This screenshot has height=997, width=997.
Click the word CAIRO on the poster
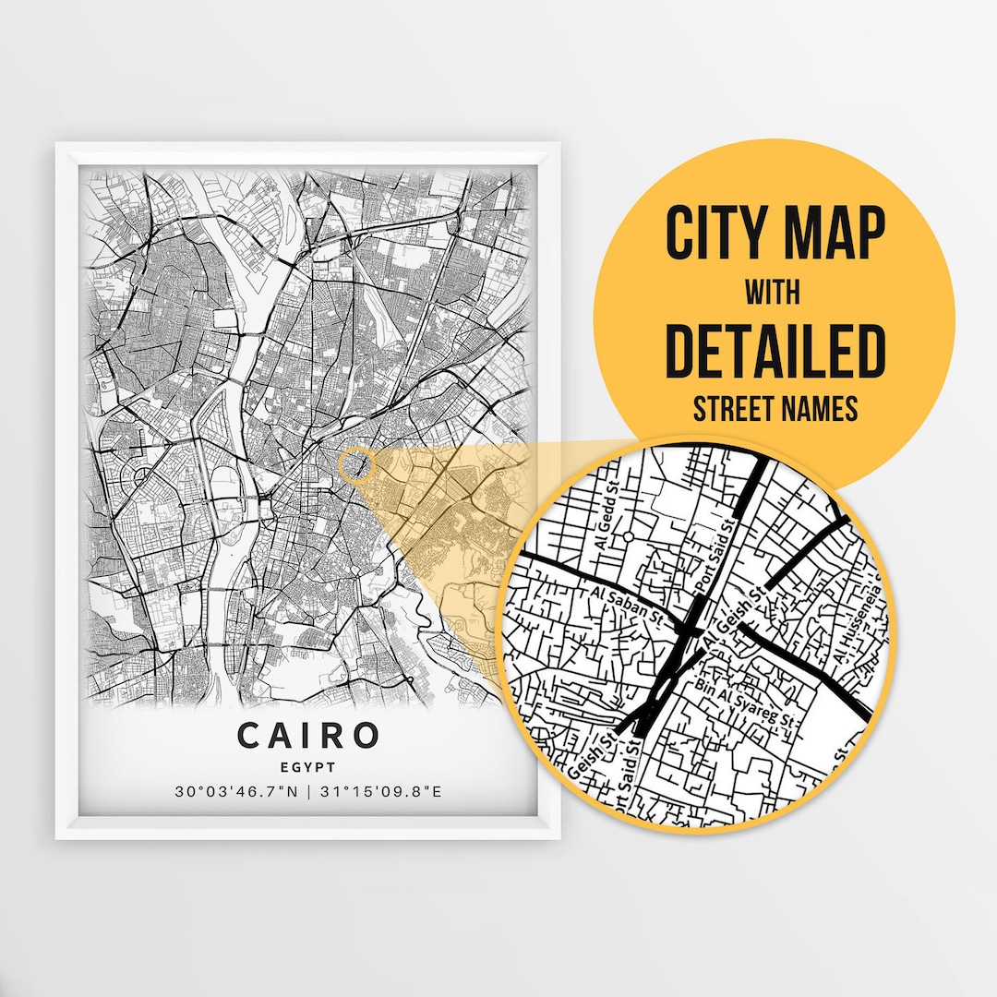click(x=308, y=736)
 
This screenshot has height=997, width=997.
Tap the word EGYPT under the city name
click(x=308, y=766)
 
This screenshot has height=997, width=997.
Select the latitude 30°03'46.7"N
click(x=234, y=792)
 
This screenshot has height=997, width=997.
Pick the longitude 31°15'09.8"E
click(x=381, y=792)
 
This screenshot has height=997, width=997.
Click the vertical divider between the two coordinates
click(x=307, y=792)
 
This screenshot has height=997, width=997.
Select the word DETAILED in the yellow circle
click(x=775, y=351)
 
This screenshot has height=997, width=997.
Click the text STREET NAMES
click(x=775, y=408)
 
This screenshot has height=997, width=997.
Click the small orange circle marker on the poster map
click(x=355, y=465)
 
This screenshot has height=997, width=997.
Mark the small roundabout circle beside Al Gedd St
click(x=629, y=535)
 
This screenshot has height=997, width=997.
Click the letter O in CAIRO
click(x=366, y=736)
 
